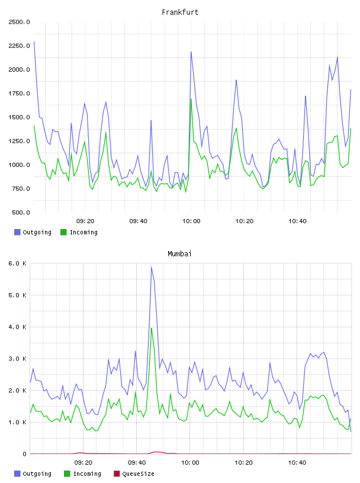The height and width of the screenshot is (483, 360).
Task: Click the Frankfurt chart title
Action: [180, 12]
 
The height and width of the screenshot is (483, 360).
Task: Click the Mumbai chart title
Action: [179, 254]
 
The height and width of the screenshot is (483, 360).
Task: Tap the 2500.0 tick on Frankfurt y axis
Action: [19, 22]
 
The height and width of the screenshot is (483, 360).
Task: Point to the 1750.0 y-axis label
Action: [19, 94]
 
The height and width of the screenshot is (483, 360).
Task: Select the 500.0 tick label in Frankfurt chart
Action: [21, 212]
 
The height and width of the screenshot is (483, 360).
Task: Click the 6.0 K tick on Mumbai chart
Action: [17, 263]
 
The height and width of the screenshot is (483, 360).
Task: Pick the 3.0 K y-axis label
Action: [17, 359]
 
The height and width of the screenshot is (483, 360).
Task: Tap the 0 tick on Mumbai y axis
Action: [24, 454]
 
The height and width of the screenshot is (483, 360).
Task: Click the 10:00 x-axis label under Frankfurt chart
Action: [191, 221]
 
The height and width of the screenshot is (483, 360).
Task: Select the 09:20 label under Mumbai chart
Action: [83, 463]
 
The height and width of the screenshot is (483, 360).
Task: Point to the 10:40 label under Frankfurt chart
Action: [297, 221]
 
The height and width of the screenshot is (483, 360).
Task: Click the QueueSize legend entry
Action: [134, 474]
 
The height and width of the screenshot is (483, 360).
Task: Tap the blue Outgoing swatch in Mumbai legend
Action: [17, 474]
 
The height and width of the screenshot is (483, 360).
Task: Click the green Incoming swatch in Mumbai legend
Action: [67, 474]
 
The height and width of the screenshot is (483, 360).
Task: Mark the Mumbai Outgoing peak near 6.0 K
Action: [152, 267]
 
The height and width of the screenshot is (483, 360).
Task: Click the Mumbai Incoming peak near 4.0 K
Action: [152, 329]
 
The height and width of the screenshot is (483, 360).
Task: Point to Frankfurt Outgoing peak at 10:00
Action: [191, 52]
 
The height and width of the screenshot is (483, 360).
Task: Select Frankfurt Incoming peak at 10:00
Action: [191, 99]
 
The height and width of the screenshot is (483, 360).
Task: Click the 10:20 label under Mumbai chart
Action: [243, 463]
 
